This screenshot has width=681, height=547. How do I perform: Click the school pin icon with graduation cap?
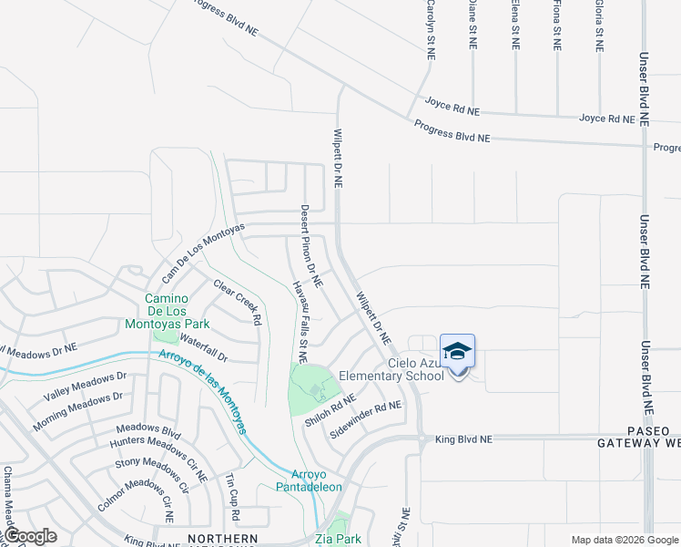pos(457,352)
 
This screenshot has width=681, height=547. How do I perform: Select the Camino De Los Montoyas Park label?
pos(179,311)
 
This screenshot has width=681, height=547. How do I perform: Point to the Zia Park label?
pos(338,539)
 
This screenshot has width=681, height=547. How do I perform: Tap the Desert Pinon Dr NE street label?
pos(310,242)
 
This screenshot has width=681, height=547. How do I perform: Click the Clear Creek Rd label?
pos(238,303)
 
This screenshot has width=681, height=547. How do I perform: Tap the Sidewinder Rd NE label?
pos(365,418)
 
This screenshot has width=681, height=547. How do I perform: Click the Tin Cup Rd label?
pos(232,498)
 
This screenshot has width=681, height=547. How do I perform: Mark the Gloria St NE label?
pos(599,25)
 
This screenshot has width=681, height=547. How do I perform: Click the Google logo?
pos(29,536)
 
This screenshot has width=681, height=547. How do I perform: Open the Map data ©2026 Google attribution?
pos(624,540)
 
